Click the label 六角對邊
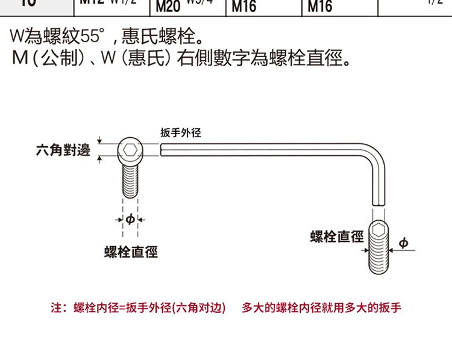pyautogui.click(x=63, y=150)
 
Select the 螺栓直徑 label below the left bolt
pyautogui.click(x=131, y=252)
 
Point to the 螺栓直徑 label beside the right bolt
pyautogui.click(x=337, y=236)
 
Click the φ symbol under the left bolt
pyautogui.click(x=130, y=219)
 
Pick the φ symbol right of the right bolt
pyautogui.click(x=403, y=242)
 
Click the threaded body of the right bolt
pyautogui.click(x=379, y=256)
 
